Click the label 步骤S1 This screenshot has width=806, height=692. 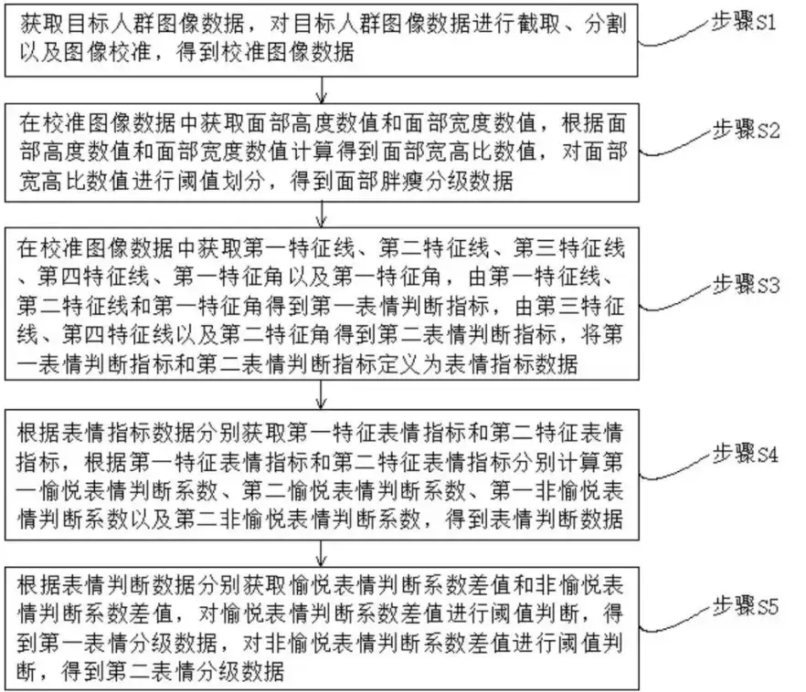click(x=744, y=22)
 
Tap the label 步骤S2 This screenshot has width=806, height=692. click(x=746, y=130)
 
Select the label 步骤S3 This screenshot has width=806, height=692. click(x=746, y=285)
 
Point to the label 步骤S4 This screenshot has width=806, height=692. click(x=746, y=455)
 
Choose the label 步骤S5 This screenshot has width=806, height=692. click(x=746, y=606)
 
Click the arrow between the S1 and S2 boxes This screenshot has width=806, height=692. click(x=322, y=90)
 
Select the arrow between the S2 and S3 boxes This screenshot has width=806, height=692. click(x=322, y=215)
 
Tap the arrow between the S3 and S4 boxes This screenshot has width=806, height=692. click(x=322, y=394)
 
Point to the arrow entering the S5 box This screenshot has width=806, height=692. click(x=322, y=553)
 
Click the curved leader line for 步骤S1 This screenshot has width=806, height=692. click(x=674, y=37)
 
